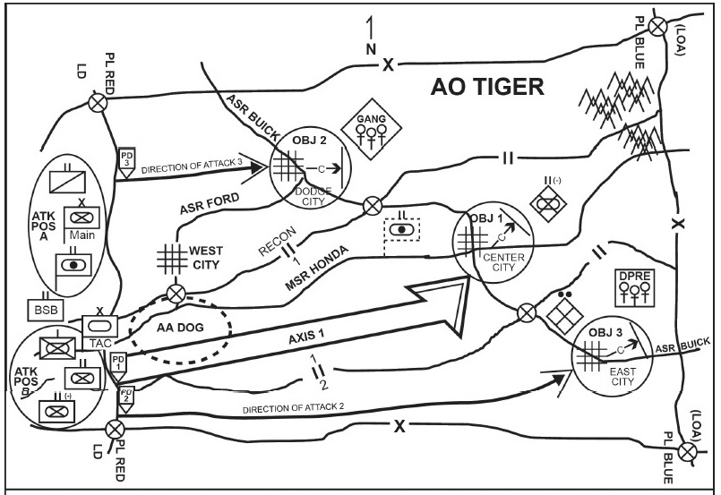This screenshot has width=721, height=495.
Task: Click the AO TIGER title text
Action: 487,87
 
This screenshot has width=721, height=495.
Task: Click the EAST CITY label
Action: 618,376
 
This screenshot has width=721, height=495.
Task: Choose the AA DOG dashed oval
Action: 179,328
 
